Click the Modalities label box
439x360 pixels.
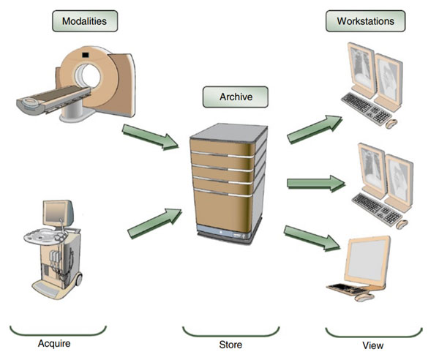coord(85,21)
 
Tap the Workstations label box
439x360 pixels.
coord(364,21)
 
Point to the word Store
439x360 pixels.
coord(230,344)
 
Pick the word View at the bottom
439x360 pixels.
coord(373,345)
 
